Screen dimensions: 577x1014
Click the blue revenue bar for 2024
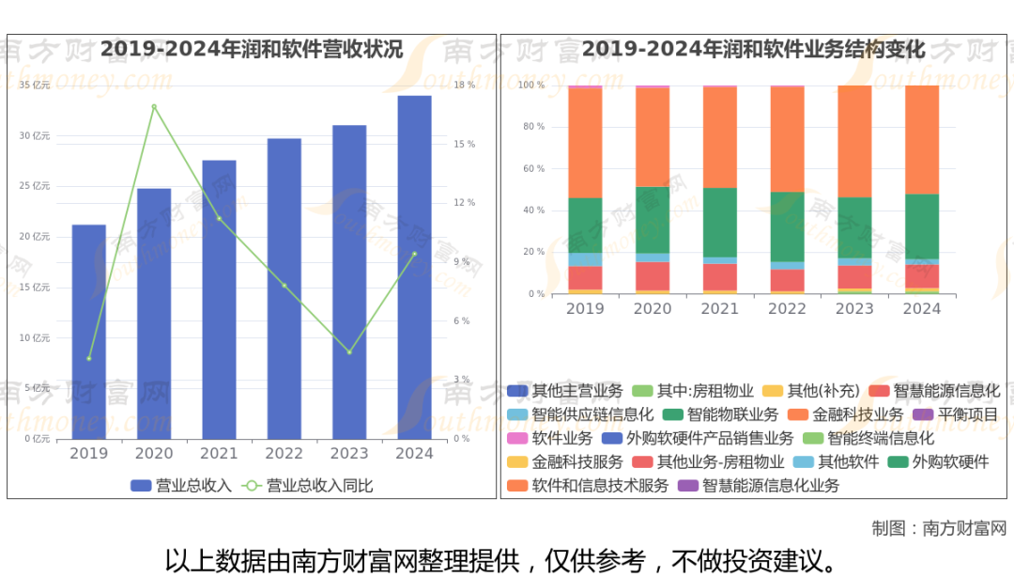click(414, 267)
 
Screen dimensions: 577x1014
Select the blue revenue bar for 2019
click(89, 332)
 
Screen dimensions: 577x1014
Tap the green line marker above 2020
click(154, 107)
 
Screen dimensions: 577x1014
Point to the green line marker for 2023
click(349, 352)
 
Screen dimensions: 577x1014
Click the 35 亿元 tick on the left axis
click(35, 86)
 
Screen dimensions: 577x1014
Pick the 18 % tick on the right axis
click(464, 86)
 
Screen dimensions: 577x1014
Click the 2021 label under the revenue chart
click(219, 454)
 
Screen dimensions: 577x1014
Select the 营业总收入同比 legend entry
click(309, 486)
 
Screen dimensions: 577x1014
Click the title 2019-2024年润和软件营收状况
click(252, 49)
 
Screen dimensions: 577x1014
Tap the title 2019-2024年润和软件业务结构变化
click(754, 49)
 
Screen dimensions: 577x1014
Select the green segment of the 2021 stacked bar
click(720, 222)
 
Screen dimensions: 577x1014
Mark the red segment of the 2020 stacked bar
click(653, 275)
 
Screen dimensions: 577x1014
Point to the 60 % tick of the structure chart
click(532, 169)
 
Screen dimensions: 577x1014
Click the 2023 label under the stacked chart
click(854, 309)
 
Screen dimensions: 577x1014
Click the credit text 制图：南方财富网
click(938, 528)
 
